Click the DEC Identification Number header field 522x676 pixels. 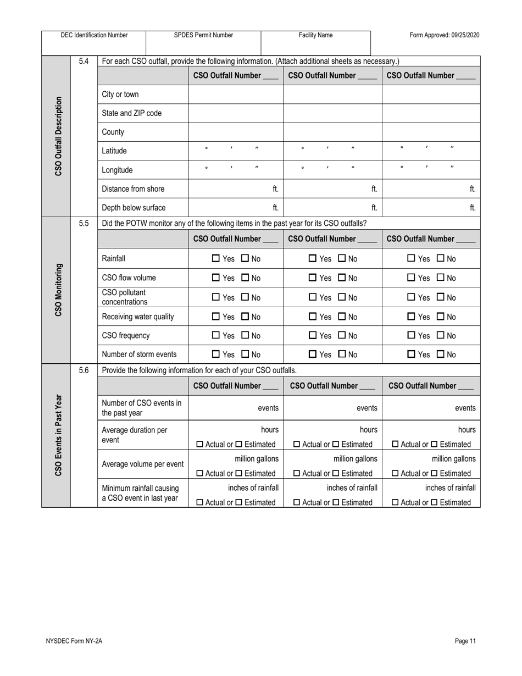coord(94,35)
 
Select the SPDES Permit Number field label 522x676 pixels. coord(203,35)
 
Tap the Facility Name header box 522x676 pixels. coord(315,35)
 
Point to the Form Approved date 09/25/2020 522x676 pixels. coord(445,35)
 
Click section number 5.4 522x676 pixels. coord(84,61)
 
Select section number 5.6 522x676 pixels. coord(84,370)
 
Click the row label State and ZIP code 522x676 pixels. coord(132,113)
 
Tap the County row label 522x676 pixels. coord(113,132)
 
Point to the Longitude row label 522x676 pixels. coord(118,170)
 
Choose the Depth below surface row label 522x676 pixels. coord(134,208)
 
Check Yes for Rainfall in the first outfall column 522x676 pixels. coord(216,259)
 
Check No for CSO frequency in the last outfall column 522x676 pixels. coord(441,335)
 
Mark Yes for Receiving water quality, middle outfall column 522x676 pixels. coord(313,317)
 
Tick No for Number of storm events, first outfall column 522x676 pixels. coord(245,354)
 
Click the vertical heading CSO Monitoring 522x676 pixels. coord(58,290)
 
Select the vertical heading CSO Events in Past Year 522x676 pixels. coord(58,435)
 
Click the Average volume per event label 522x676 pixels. coord(143,464)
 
